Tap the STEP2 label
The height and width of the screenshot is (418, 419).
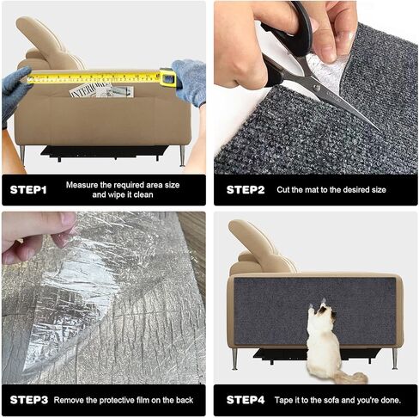pyautogui.click(x=245, y=189)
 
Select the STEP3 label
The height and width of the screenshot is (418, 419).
pyautogui.click(x=28, y=399)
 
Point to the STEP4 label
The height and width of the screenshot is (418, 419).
pyautogui.click(x=245, y=399)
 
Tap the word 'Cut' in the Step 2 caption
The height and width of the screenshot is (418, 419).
pyautogui.click(x=284, y=189)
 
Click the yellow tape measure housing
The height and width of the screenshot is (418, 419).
pyautogui.click(x=167, y=79)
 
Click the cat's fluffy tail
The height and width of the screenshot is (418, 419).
pyautogui.click(x=350, y=377)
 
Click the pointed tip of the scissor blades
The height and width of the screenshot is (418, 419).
pyautogui.click(x=376, y=129)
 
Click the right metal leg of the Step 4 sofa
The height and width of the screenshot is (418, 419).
pyautogui.click(x=394, y=358)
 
